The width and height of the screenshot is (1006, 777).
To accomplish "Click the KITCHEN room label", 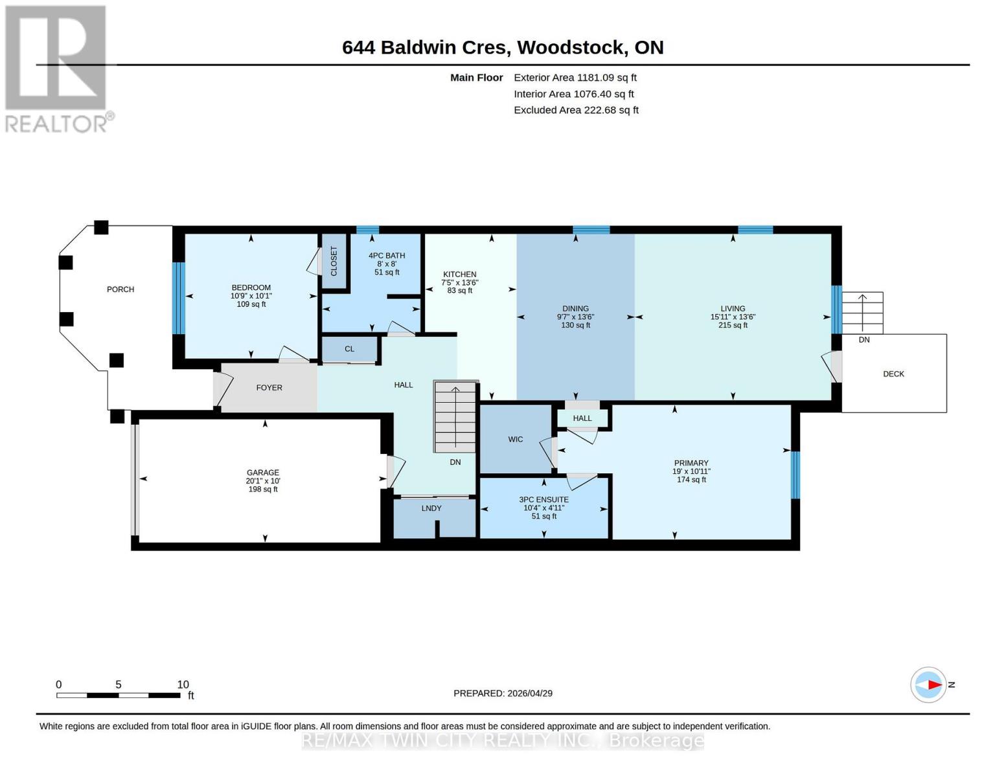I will [x=459, y=275].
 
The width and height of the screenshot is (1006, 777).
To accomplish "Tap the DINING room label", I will [x=575, y=309].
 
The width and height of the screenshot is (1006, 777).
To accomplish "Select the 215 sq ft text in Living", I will [x=733, y=326].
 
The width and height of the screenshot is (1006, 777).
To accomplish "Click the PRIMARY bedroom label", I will [x=691, y=463].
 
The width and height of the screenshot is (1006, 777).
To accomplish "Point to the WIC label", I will [x=516, y=440].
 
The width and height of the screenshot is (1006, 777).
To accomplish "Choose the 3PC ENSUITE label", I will [x=543, y=500].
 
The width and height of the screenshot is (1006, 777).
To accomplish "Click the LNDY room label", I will [x=431, y=508].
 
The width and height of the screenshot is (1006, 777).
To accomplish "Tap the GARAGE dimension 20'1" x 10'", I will [x=262, y=481].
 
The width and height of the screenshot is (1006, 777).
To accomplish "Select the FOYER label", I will [x=269, y=388].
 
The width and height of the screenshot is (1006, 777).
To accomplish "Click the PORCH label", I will [x=120, y=289].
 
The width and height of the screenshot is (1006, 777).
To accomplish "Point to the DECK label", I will [x=893, y=374].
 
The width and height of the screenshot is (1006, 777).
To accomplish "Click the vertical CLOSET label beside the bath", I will [x=334, y=261].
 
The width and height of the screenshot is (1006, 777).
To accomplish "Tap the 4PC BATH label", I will [x=387, y=256].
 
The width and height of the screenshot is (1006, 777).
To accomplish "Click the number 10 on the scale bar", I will [x=183, y=684].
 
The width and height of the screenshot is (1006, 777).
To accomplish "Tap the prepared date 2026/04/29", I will [x=530, y=693].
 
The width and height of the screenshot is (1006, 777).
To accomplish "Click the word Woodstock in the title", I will [x=571, y=47].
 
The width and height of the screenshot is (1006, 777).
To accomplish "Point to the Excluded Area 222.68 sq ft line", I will [x=576, y=110].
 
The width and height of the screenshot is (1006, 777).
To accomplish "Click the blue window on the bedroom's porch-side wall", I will [x=179, y=298].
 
